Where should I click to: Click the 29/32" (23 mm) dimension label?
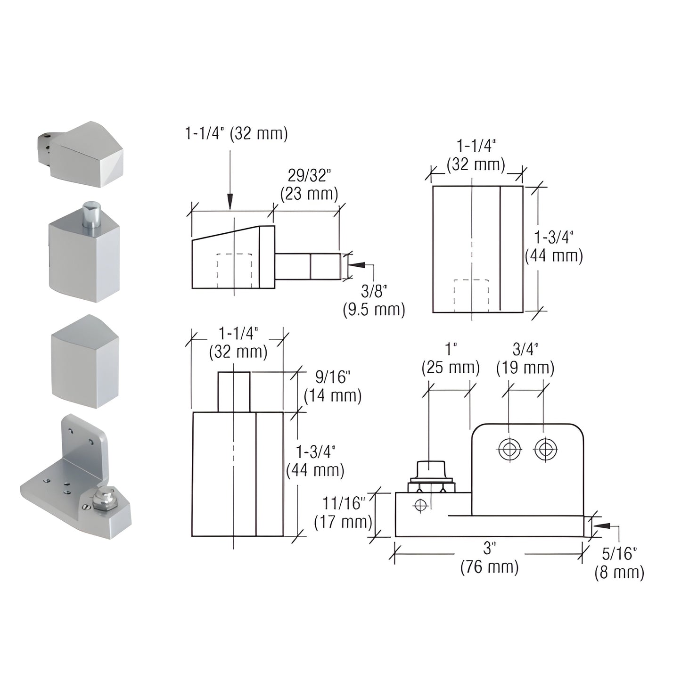pos(309,184)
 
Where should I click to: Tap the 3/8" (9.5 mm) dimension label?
pos(374,300)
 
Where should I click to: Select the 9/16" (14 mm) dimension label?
pos(332,386)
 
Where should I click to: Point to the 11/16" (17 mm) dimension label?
pos(343,512)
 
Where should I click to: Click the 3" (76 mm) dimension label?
pos(489,557)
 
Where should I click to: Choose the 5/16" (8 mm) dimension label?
pos(619,563)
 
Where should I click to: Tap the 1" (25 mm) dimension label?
pos(450,359)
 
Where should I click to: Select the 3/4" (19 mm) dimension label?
pos(525,359)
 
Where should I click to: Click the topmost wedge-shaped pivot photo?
pos(82,153)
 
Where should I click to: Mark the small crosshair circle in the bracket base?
pos(420,505)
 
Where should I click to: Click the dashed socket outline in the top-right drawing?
pos(471,295)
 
